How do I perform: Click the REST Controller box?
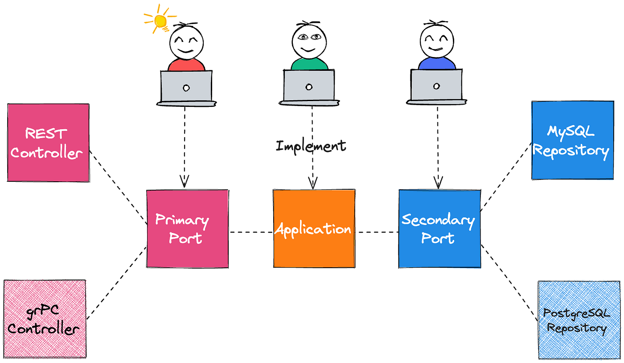coord(48,143)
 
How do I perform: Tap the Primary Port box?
coord(188,228)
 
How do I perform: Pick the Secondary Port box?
coord(439,228)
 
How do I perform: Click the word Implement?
coord(311,146)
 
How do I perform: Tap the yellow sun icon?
coord(160,20)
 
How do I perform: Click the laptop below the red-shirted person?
coord(186,87)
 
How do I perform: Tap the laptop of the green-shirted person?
coord(309,87)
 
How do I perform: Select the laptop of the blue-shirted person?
coord(436,87)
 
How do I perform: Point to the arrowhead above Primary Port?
coord(185,181)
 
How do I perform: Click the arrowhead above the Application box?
coord(312,182)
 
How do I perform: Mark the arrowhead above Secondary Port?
coord(438,182)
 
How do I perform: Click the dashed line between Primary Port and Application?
coord(251,232)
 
